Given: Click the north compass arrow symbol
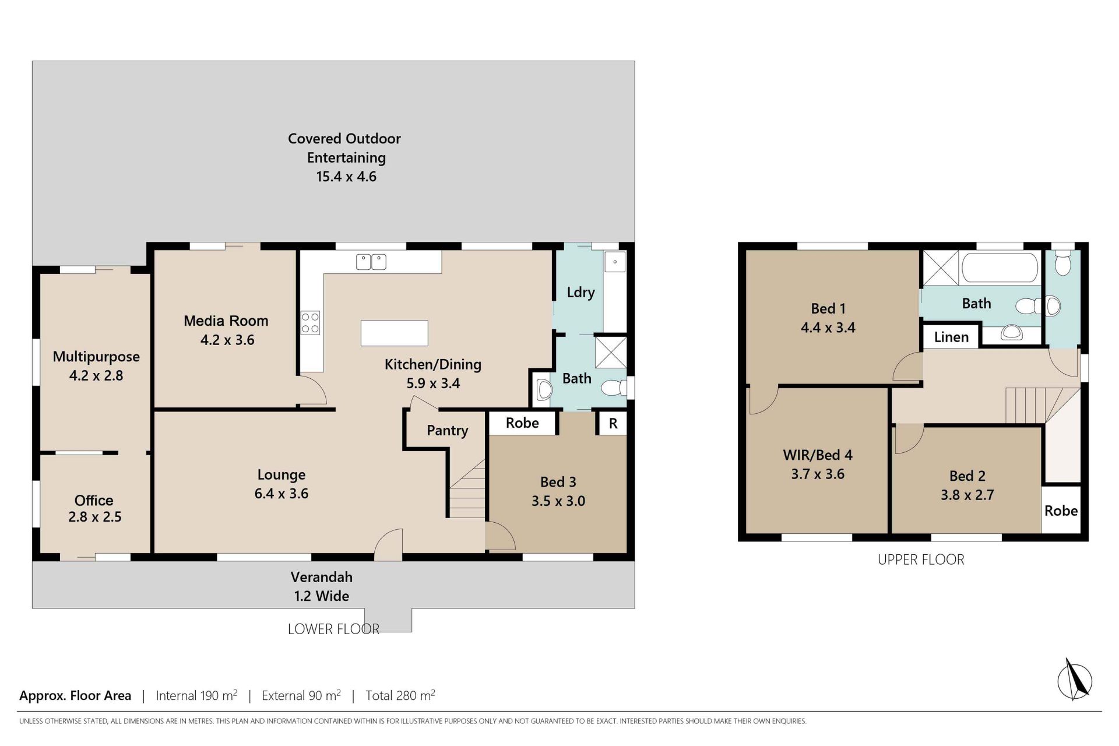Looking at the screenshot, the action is (x=1075, y=680).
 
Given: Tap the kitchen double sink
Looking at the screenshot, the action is (x=371, y=262).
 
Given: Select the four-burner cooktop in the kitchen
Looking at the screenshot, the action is (x=310, y=323).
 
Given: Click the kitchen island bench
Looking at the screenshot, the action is (x=395, y=333).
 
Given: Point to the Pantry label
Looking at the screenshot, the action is (x=448, y=431).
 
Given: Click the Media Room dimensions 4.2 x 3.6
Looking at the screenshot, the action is (x=227, y=340).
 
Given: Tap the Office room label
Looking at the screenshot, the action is (x=94, y=500).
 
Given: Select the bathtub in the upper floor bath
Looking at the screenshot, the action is (x=1000, y=268).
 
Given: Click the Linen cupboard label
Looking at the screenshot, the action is (x=951, y=337).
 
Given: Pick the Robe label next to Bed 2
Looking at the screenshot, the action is (x=1061, y=511).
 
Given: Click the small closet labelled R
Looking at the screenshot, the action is (x=613, y=424).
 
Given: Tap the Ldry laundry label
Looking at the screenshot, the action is (x=581, y=293).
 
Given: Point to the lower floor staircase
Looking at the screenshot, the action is (x=467, y=488).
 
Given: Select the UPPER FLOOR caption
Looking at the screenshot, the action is (x=921, y=559).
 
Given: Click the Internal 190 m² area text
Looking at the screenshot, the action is (x=196, y=695).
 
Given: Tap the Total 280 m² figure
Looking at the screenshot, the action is (x=400, y=695).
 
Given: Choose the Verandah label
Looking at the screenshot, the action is (x=322, y=577).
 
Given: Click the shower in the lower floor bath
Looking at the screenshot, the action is (x=610, y=352).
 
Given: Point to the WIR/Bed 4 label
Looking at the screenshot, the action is (x=818, y=455).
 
